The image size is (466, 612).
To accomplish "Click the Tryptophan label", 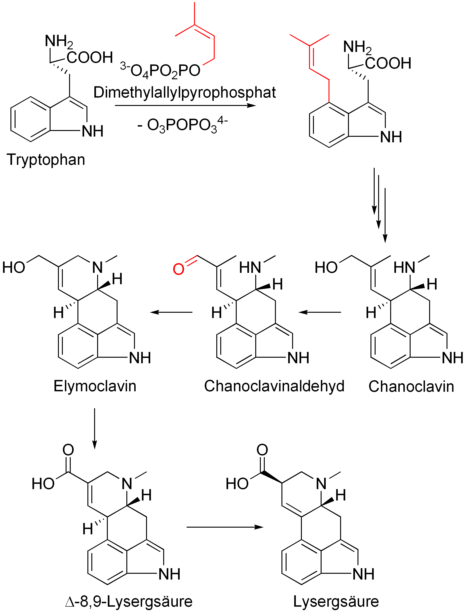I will (46, 160).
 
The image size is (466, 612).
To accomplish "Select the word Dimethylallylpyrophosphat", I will (185, 92).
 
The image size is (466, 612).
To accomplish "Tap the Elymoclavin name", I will (95, 386).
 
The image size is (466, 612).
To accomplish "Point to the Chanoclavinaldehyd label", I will (274, 386).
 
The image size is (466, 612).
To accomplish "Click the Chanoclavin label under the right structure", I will (411, 386).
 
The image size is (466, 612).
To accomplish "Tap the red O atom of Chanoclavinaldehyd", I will (178, 269).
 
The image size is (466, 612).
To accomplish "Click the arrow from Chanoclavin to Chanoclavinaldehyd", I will (319, 312).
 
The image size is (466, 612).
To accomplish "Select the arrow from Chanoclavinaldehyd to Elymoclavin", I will (171, 312).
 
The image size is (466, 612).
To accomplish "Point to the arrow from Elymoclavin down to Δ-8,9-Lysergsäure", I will (95, 428).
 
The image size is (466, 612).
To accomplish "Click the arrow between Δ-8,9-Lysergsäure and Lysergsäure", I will (225, 527).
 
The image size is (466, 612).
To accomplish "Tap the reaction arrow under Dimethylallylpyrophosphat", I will (185, 105).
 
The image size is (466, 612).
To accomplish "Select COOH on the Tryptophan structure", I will (89, 57).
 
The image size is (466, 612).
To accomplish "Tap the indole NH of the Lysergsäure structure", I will (363, 574).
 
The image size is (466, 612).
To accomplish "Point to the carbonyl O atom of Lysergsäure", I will (262, 450).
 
